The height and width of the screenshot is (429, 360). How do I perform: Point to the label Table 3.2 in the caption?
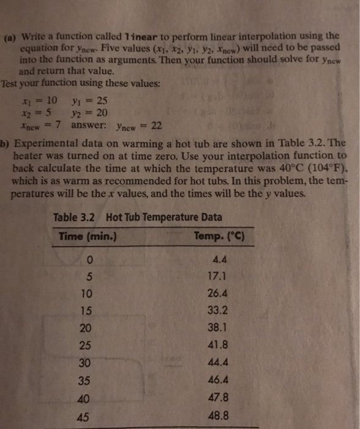coord(75,218)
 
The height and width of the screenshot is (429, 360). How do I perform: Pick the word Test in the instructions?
coord(12,83)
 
